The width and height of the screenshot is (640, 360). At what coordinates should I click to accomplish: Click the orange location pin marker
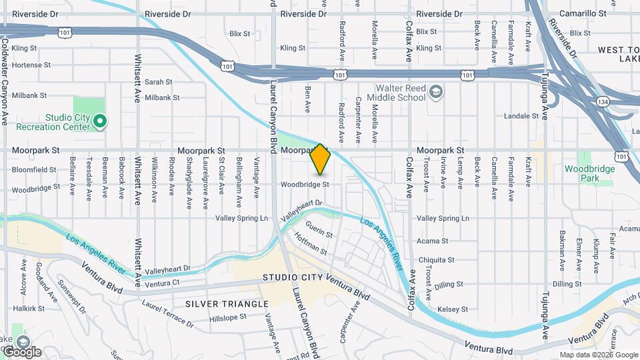(321, 159)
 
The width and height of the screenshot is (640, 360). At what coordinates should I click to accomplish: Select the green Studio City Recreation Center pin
(99, 121)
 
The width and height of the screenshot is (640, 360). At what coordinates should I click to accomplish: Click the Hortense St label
(26, 65)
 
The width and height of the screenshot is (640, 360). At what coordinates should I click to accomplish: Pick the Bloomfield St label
(33, 170)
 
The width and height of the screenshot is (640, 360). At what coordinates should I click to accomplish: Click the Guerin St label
(320, 233)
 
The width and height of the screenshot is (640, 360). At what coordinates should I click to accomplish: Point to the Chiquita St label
(436, 260)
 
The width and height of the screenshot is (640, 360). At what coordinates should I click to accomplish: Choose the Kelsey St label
(453, 309)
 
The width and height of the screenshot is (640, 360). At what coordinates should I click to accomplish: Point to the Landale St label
(521, 116)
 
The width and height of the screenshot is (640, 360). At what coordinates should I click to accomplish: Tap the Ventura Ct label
(163, 283)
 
